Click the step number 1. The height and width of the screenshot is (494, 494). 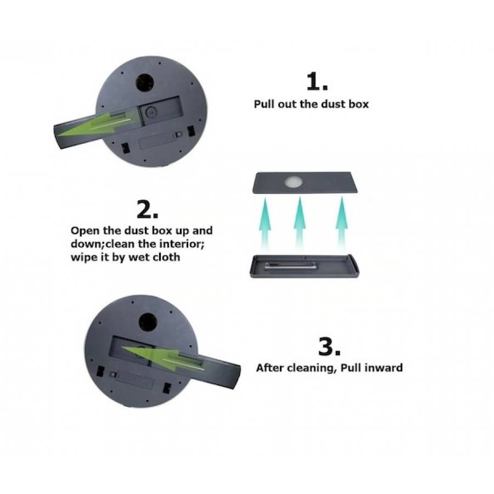tap(317, 81)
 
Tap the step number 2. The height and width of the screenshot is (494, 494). tap(147, 209)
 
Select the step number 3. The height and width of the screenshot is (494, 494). tap(329, 346)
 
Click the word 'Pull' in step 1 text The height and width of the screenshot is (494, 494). tap(265, 104)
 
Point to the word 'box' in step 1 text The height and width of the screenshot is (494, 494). tap(358, 104)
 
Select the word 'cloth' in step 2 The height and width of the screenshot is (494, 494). tap(166, 257)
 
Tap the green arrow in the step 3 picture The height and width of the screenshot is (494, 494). tap(163, 358)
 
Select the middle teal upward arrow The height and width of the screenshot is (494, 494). tap(300, 223)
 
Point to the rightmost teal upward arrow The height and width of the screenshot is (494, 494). tap(342, 223)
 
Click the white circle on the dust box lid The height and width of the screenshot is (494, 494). tap(294, 182)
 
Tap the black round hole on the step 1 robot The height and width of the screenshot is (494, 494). tap(145, 82)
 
